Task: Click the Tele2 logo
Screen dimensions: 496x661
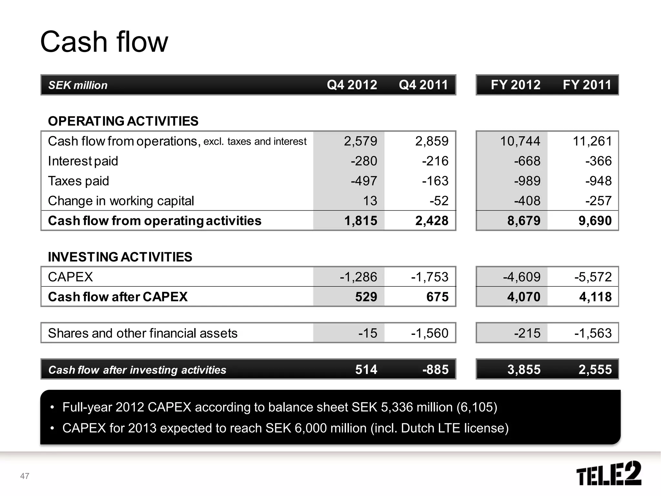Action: click(x=609, y=473)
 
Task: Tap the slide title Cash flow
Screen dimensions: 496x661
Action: click(x=104, y=42)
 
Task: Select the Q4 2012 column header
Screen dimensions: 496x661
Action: click(x=352, y=85)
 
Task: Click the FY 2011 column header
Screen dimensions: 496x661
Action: click(x=587, y=85)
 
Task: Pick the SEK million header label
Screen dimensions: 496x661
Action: click(x=78, y=85)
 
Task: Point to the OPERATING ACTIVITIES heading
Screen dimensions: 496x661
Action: click(x=123, y=121)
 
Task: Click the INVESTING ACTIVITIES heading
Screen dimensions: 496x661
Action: click(x=120, y=257)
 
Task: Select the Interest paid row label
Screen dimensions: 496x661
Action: click(x=83, y=161)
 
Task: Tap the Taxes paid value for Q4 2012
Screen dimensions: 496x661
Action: click(x=364, y=181)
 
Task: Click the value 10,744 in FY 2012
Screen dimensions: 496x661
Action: click(x=520, y=141)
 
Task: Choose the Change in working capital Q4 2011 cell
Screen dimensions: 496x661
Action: click(x=439, y=201)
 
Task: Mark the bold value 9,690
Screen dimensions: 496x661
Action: click(x=595, y=221)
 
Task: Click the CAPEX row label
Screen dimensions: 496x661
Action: click(x=70, y=277)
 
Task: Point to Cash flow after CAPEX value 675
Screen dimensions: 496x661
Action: click(x=437, y=297)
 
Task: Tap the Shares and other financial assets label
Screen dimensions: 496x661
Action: click(x=142, y=333)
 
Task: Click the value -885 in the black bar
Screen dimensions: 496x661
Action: click(x=435, y=369)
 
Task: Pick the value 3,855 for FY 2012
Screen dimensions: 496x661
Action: click(x=524, y=369)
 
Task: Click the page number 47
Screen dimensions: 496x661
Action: click(x=25, y=476)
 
